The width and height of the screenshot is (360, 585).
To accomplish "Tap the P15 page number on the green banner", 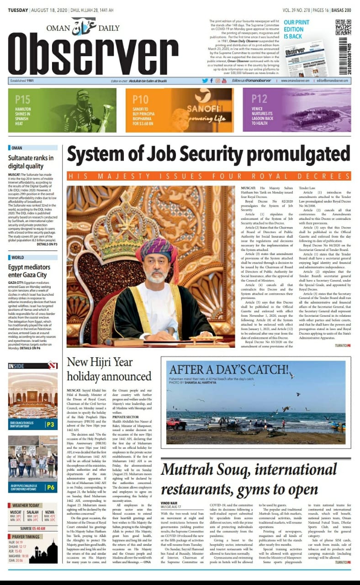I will pos(22,99).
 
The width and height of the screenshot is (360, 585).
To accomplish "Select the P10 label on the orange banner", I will pos(140,100).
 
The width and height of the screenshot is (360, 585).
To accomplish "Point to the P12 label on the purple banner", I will pos(259,99).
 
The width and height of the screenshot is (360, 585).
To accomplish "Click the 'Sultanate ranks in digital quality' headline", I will pos(31,162).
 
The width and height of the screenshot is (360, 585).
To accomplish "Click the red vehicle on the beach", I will pos(176,423).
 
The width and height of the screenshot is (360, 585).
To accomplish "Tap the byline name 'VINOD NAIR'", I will pos(169,502).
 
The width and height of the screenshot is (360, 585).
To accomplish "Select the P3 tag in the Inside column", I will pos(51,425).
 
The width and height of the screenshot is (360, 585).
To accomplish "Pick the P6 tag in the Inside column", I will pos(51,488).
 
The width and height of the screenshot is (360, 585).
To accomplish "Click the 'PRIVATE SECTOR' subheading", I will pos(126,417).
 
